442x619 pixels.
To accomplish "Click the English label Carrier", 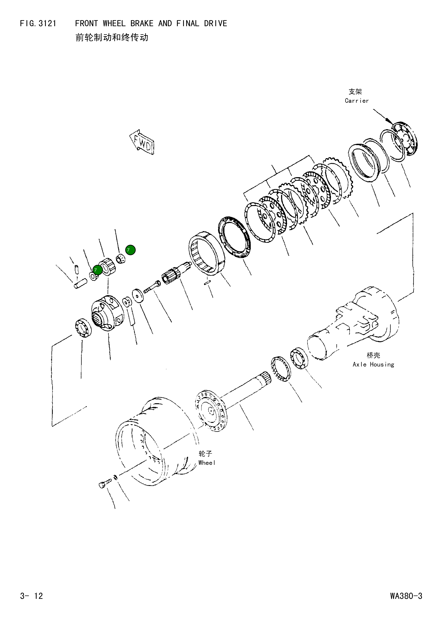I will click(x=357, y=101).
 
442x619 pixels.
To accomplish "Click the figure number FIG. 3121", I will click(x=38, y=24).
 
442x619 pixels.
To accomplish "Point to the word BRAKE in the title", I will click(x=142, y=24).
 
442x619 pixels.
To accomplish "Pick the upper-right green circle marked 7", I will click(x=130, y=250).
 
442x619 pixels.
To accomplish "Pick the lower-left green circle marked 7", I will click(x=97, y=270).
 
